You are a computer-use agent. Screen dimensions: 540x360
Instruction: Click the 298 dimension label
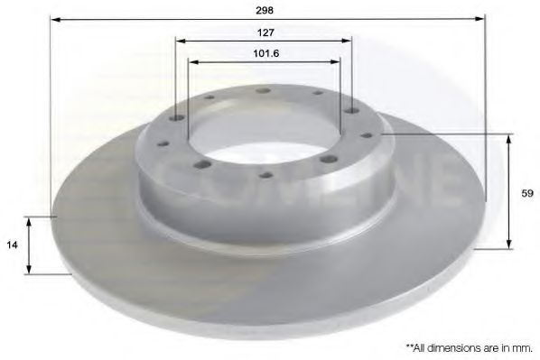coord(265,10)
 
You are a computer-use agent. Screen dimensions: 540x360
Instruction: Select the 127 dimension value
coord(265,32)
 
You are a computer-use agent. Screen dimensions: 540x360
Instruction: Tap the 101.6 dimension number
coord(265,53)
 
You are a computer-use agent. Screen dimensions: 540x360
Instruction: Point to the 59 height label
coord(527,193)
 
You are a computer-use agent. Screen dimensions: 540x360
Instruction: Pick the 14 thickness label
coord(12,245)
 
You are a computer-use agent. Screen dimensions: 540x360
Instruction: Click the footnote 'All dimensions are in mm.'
coord(470,348)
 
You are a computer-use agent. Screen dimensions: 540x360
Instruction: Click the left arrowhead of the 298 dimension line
coord(55,19)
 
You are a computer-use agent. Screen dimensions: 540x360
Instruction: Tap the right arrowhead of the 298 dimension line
coord(480,19)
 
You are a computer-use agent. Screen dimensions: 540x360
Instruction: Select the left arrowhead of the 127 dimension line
coord(181,41)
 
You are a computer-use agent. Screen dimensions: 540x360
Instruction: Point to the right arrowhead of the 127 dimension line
coord(347,41)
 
